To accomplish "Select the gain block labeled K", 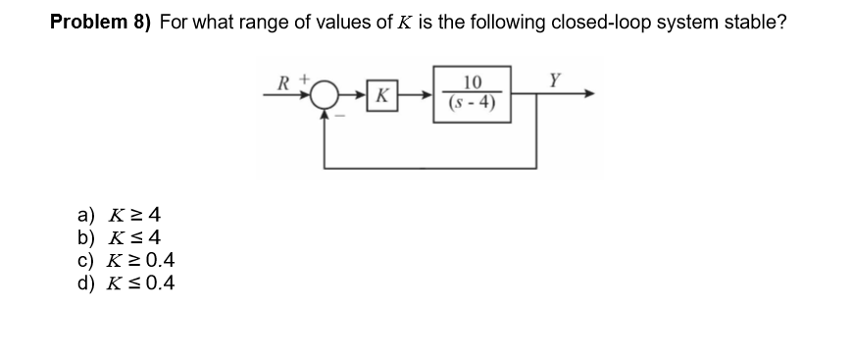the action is pos(380,96).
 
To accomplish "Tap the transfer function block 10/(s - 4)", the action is pos(473,95).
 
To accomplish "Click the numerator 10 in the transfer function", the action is pos(473,84).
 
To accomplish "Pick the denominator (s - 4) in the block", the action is pos(473,104).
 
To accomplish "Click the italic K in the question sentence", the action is pos(404,23).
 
